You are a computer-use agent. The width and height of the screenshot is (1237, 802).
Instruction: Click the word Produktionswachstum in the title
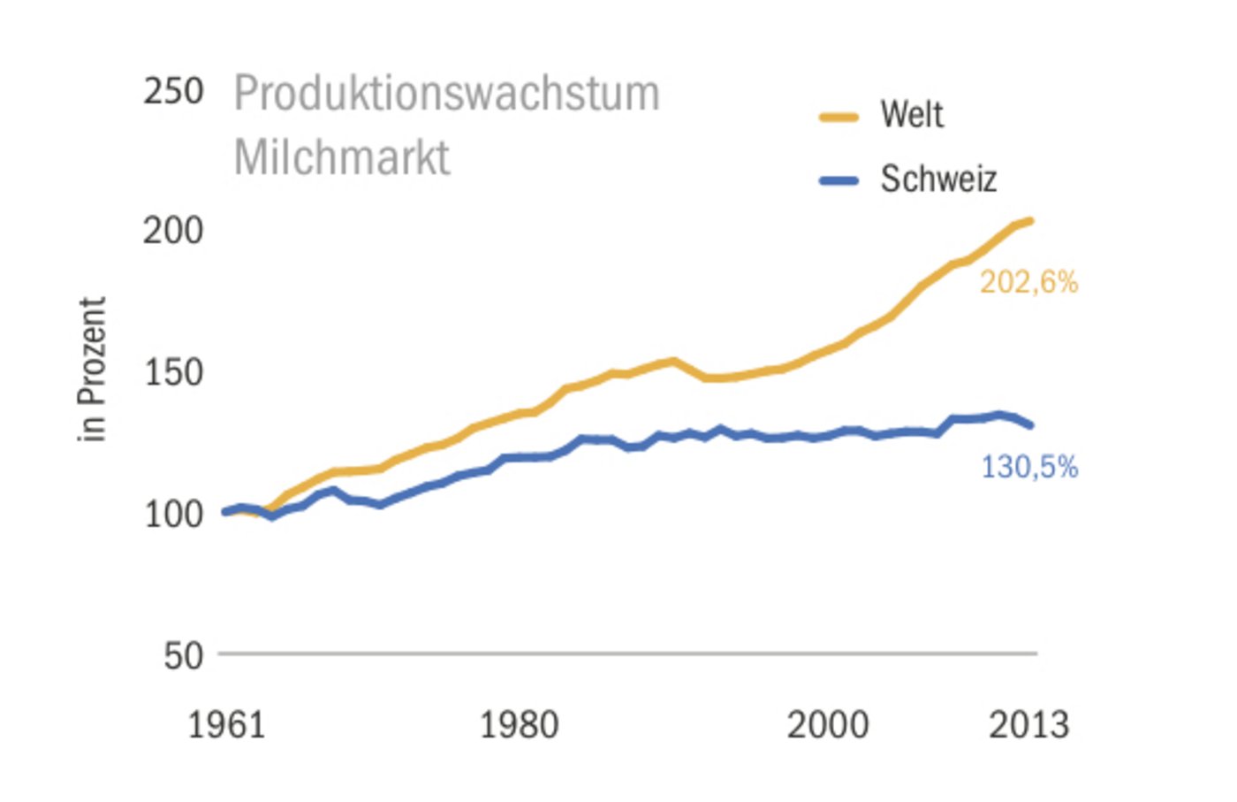point(446,94)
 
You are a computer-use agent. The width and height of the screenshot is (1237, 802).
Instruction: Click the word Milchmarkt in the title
point(342,158)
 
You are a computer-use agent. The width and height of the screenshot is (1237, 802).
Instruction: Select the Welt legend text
point(911,115)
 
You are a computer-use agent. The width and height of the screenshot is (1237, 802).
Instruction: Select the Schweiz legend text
point(937,179)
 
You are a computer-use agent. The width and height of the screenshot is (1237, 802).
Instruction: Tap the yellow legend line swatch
point(839,117)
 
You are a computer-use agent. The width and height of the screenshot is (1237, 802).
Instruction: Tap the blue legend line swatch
point(839,180)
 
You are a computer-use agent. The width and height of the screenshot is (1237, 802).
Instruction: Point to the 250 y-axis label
point(173,91)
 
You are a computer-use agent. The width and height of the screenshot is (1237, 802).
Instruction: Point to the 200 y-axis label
point(173,231)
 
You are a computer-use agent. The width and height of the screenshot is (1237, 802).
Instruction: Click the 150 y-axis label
point(173,372)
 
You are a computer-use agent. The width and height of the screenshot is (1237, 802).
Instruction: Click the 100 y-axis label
point(173,514)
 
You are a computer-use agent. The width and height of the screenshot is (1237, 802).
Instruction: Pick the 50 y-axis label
point(183,656)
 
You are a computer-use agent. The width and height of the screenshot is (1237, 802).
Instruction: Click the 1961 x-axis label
point(226,725)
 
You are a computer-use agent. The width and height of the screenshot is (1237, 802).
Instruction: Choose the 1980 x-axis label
point(519,725)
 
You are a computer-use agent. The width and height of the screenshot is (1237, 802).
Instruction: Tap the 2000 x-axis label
point(828,725)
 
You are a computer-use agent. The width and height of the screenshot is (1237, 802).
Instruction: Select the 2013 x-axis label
point(1028,725)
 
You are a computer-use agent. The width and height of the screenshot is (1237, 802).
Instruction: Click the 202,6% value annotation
point(1028,283)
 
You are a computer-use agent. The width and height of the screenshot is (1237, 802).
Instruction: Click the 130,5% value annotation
point(1029,467)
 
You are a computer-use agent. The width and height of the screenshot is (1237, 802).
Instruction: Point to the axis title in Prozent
point(92,369)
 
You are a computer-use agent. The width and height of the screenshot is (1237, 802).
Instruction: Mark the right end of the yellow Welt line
point(1030,221)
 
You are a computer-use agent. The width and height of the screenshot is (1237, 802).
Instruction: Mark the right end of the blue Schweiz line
point(1030,425)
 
